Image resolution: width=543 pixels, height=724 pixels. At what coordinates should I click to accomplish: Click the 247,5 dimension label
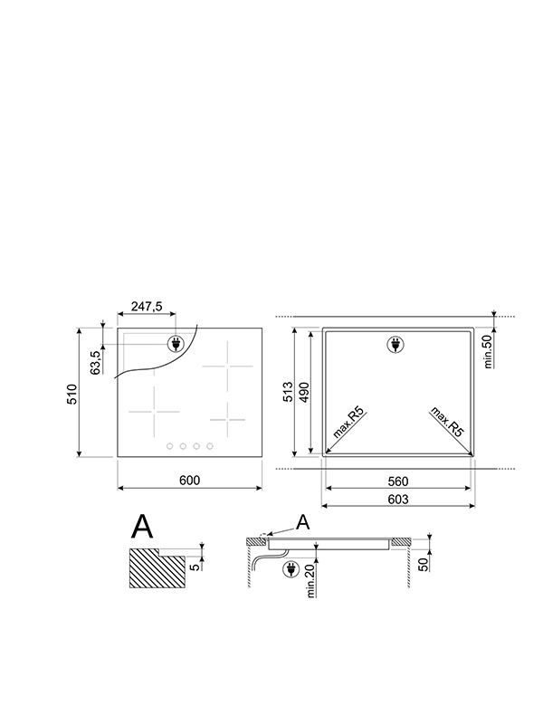click(147, 308)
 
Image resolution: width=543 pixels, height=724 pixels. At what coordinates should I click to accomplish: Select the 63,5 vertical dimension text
click(95, 359)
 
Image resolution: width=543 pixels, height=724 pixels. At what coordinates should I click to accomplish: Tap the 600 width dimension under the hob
click(188, 480)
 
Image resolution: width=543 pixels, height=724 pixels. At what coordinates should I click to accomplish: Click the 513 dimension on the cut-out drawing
click(288, 392)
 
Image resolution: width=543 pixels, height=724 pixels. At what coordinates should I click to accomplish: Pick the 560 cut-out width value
click(398, 481)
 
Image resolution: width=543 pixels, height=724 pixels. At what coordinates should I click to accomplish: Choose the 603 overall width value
click(398, 500)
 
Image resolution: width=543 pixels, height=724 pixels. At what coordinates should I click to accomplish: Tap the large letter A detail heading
click(144, 526)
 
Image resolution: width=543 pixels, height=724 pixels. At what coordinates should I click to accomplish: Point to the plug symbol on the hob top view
click(175, 344)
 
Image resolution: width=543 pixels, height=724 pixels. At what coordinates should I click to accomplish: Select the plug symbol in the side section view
click(291, 569)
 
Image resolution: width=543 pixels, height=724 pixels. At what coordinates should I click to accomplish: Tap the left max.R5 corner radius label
click(348, 424)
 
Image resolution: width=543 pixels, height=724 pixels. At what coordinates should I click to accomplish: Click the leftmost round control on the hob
click(169, 445)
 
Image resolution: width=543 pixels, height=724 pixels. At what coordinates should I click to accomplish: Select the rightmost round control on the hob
click(210, 445)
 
